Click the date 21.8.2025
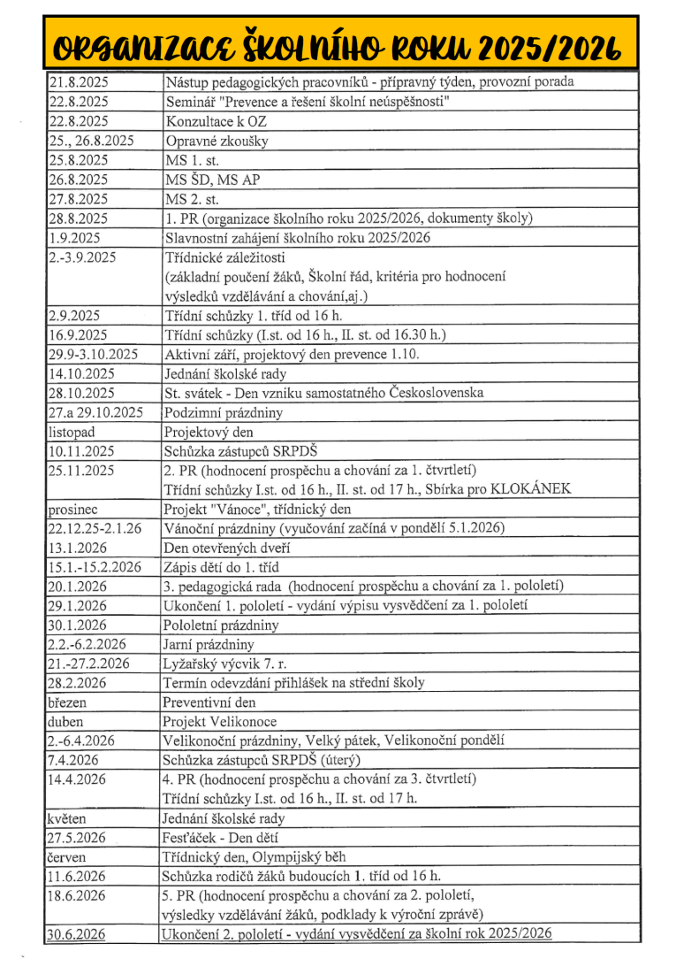click(78, 82)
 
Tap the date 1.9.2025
click(74, 238)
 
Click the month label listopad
click(71, 432)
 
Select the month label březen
click(68, 702)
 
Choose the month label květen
click(67, 818)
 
